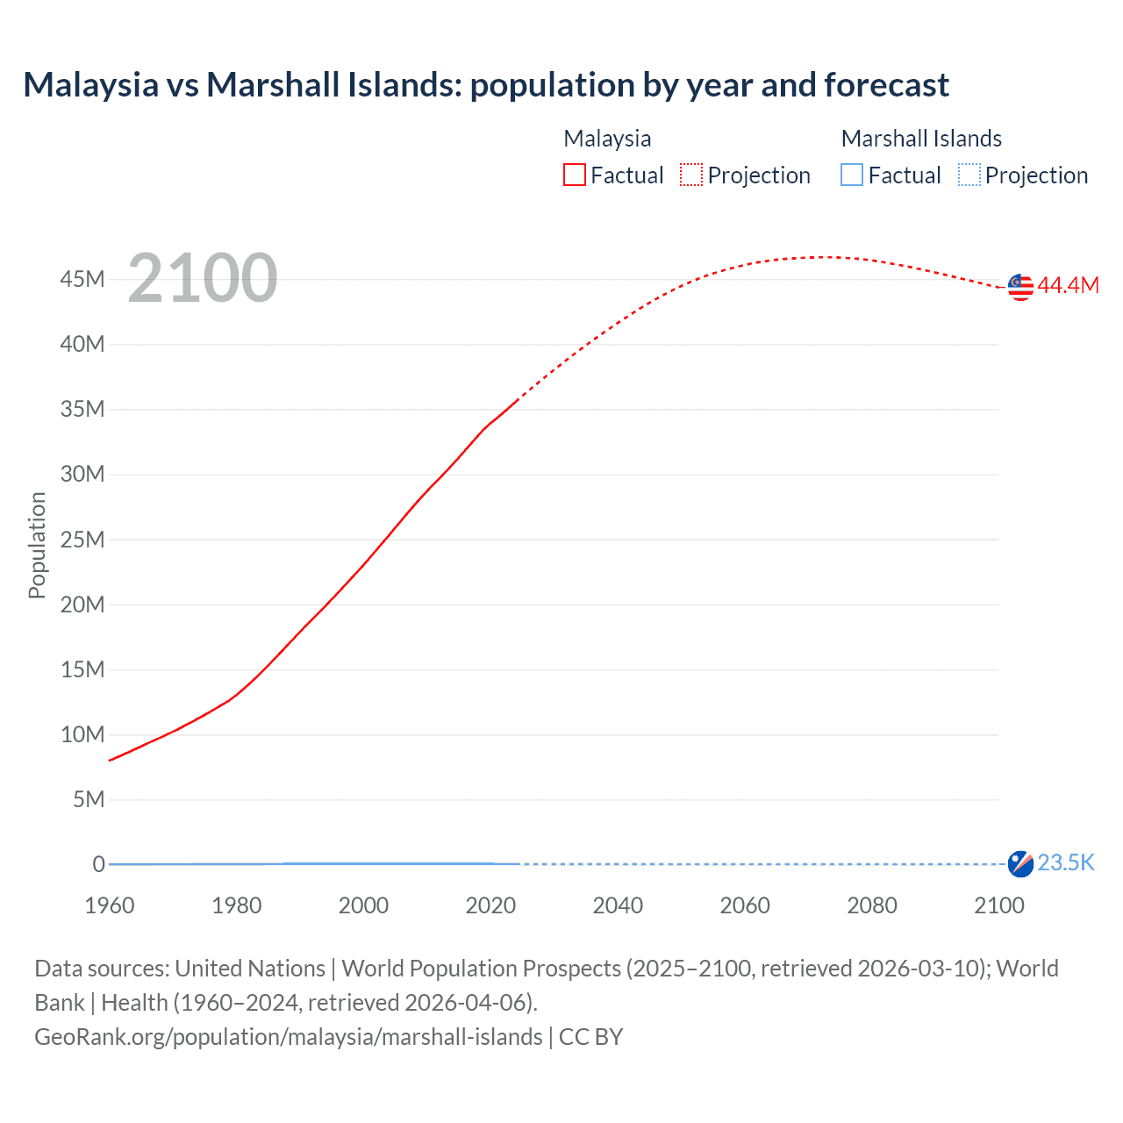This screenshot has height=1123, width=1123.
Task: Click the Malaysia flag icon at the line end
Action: tap(1020, 287)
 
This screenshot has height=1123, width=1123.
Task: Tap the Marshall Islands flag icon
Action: tap(1020, 863)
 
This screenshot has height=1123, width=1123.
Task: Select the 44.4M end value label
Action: tap(1068, 285)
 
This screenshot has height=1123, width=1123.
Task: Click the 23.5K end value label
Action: tap(1066, 862)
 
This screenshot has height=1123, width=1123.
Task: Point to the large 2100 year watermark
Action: tap(203, 278)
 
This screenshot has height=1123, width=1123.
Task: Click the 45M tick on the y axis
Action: tap(82, 279)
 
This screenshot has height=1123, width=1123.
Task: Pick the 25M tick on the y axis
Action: tap(82, 540)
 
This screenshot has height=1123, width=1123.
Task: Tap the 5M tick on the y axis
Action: tap(89, 799)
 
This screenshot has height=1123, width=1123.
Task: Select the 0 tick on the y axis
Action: tap(98, 864)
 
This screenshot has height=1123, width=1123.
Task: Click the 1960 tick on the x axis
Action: tap(110, 905)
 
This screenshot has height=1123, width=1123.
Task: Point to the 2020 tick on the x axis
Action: tap(490, 905)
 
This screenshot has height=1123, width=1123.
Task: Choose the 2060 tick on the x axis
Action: tap(745, 905)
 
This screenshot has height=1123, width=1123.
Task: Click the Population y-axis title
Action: tap(37, 545)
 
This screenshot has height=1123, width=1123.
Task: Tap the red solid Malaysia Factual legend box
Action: tap(574, 175)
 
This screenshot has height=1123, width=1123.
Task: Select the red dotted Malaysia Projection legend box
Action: tap(691, 175)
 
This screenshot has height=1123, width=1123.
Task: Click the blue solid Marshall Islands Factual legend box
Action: tap(852, 175)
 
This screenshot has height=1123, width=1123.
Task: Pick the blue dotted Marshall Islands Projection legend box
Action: tap(969, 175)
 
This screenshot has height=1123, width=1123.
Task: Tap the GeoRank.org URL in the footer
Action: tap(288, 1037)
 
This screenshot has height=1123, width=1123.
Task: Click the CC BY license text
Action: tap(590, 1037)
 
